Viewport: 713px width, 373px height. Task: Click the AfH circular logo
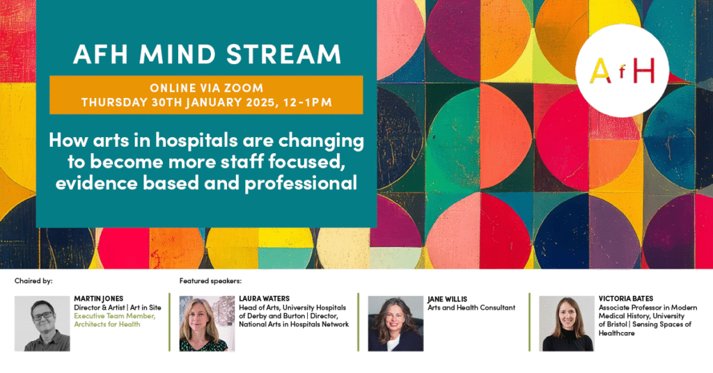622,71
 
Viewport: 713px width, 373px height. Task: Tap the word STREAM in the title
284,54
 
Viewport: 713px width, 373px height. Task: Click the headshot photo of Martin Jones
42,324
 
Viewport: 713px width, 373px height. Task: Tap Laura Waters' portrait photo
207,324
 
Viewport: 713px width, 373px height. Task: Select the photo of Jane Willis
395,324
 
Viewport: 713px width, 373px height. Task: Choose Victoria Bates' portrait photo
567,324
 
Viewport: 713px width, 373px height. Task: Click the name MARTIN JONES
99,299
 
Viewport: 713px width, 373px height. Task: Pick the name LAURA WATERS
264,299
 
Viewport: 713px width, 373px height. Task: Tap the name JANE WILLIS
447,299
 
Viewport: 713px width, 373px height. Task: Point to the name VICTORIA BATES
626,299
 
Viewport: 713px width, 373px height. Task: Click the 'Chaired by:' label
33,280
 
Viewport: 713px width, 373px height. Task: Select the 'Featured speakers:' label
210,280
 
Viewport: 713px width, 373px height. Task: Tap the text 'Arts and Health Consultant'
471,308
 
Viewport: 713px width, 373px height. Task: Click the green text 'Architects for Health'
107,324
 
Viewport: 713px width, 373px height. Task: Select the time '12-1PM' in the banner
307,102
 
